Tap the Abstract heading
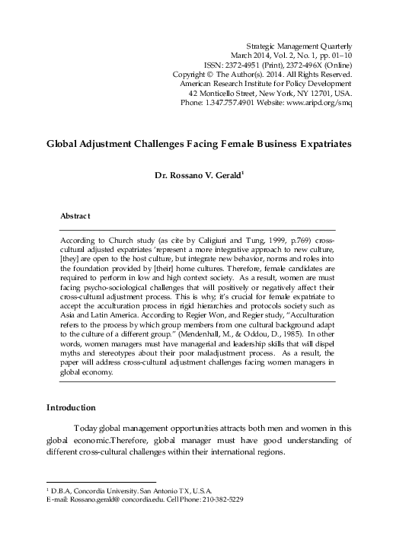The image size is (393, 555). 75,217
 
